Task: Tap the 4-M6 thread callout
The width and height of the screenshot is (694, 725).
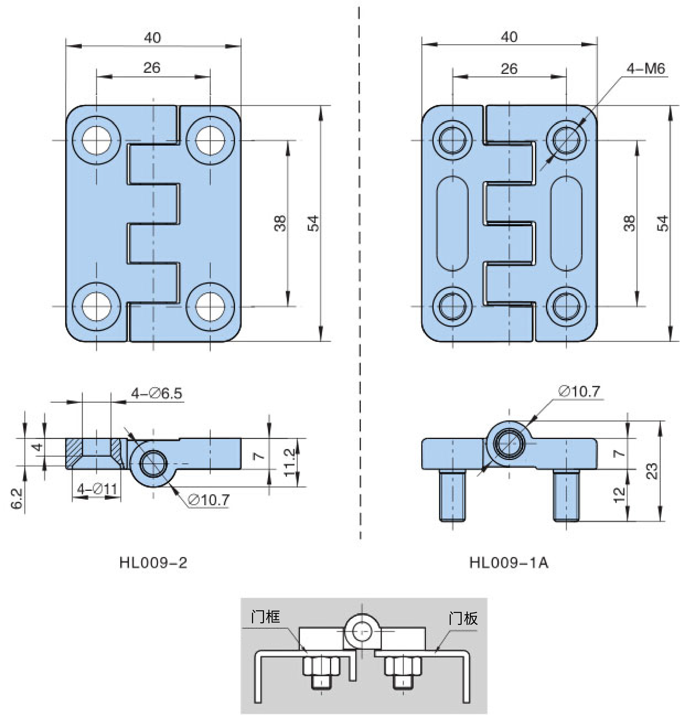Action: tap(645, 68)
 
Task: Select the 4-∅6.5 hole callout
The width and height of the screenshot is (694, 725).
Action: tap(157, 393)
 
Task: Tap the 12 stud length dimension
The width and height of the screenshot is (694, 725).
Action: tap(619, 495)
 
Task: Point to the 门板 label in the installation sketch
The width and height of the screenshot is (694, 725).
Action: tap(463, 618)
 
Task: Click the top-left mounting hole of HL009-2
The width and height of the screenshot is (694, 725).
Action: tap(97, 141)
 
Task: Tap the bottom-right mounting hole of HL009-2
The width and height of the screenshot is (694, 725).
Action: tap(210, 306)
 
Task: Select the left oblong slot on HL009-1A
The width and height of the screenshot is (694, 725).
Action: tap(452, 223)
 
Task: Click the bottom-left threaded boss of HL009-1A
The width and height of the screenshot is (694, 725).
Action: tap(452, 306)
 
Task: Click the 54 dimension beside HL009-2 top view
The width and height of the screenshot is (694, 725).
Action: tap(313, 223)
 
